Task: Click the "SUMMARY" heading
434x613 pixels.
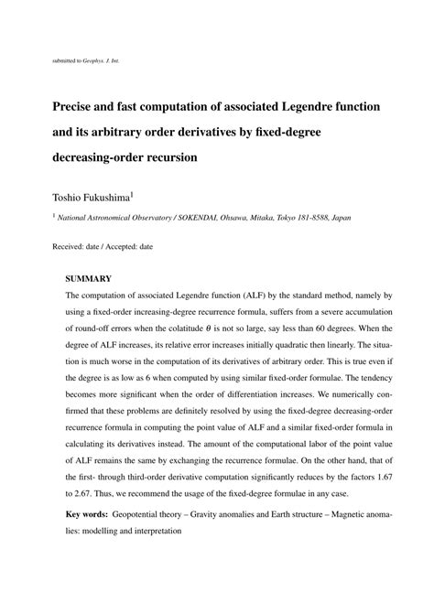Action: (x=88, y=277)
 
